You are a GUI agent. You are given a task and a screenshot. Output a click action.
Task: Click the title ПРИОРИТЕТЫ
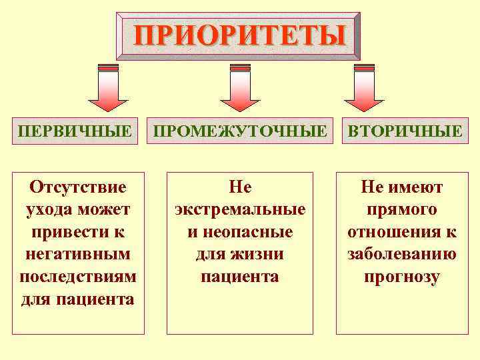[x=239, y=35]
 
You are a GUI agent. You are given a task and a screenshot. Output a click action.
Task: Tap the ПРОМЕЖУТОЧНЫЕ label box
[x=240, y=131]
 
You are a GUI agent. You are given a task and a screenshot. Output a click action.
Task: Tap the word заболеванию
[x=401, y=254]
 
